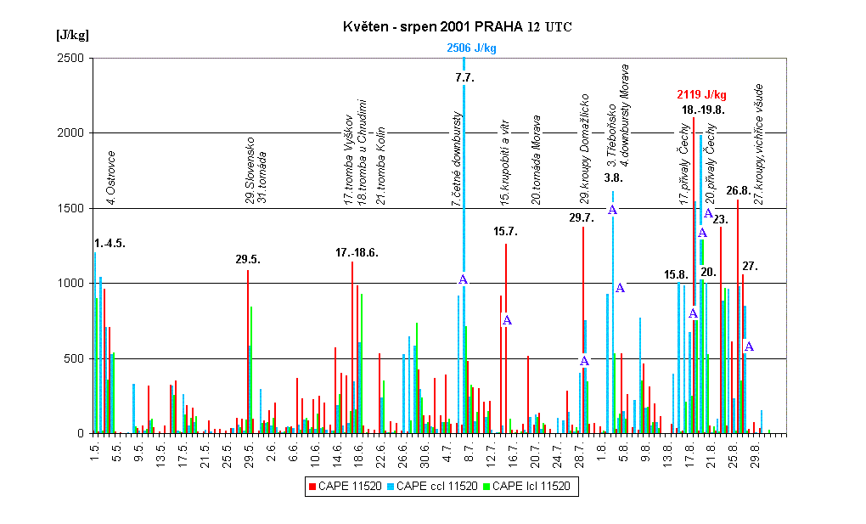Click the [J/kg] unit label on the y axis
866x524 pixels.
pos(72,36)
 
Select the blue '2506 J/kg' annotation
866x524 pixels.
pos(471,48)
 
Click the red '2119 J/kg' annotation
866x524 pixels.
pos(701,94)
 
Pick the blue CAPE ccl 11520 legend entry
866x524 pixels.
pos(432,486)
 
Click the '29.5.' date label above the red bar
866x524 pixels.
pos(248,259)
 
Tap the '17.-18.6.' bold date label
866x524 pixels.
pos(357,252)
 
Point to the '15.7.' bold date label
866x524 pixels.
pos(506,231)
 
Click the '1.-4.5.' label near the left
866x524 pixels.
pos(110,244)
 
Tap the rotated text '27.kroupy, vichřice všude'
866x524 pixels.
pos(759,144)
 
